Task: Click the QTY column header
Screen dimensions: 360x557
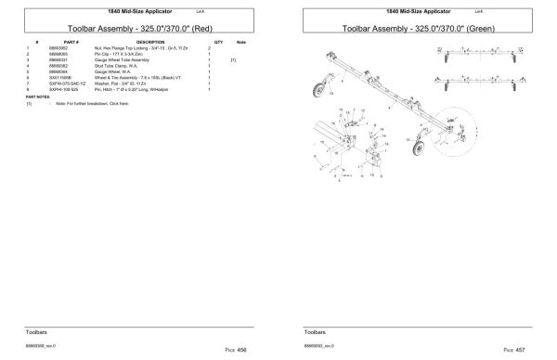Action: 218,43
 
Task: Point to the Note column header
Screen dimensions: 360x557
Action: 241,43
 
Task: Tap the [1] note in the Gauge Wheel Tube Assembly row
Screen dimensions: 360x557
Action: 234,59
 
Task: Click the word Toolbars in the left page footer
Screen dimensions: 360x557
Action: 38,329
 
